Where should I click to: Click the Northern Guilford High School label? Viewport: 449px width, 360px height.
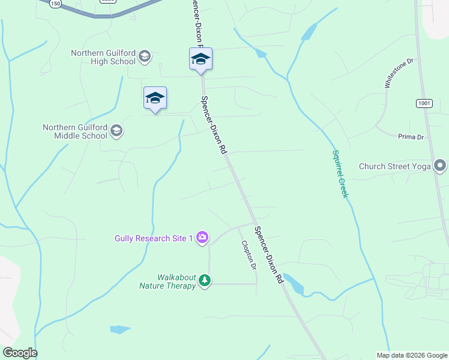103,57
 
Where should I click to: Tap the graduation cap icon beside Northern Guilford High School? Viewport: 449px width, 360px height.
144,57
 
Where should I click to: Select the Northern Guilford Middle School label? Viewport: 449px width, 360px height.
74,131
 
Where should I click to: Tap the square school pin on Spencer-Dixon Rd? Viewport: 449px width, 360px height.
200,59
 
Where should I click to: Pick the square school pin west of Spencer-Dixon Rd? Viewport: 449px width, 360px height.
155,98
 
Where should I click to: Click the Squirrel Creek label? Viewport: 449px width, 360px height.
340,173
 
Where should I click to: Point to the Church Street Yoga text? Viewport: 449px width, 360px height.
394,166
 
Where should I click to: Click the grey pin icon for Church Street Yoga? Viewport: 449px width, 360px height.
441,166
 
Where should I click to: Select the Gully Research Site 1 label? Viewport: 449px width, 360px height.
154,238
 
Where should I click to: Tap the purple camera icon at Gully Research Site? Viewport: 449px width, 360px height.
202,238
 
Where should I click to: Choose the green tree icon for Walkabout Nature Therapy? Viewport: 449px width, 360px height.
205,281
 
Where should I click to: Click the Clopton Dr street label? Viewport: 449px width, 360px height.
249,255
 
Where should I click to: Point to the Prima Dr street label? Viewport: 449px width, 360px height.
411,137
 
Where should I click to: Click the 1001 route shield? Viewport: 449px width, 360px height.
424,103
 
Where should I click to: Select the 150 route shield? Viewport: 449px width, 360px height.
55,4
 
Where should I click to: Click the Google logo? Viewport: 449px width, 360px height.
20,353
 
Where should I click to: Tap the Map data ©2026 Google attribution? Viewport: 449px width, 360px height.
412,355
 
